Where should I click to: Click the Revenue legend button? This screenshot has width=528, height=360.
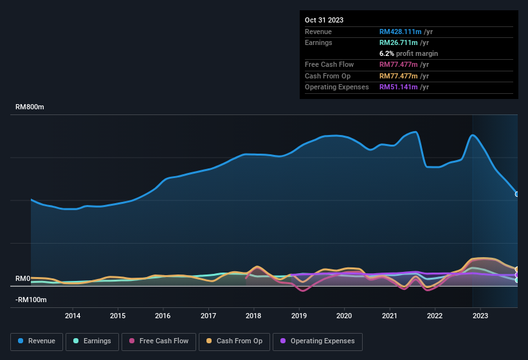[x=37, y=341]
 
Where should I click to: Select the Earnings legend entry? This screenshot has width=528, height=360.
[x=93, y=341]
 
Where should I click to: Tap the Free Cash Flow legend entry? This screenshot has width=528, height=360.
[x=159, y=341]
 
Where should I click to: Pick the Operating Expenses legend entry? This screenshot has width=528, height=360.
[x=318, y=341]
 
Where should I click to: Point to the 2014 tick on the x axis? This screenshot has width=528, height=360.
[x=73, y=316]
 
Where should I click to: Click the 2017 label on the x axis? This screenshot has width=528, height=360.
[x=208, y=316]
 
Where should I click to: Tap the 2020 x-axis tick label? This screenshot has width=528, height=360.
[x=344, y=316]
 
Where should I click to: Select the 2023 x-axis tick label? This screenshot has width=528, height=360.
[x=480, y=316]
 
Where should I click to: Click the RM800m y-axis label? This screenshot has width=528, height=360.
[x=30, y=107]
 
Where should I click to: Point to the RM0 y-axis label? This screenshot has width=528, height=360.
[x=23, y=278]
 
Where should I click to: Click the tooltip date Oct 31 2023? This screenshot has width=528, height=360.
[x=324, y=20]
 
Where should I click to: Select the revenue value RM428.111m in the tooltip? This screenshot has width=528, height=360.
[x=400, y=32]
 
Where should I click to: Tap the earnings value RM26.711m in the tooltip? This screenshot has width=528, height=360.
[x=398, y=42]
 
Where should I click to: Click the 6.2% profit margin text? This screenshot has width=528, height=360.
[x=408, y=53]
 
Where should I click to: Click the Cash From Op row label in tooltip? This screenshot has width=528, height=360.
[x=327, y=76]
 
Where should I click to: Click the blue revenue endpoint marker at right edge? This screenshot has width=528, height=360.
[x=517, y=194]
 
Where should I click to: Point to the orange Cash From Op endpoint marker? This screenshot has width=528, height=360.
[x=517, y=269]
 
